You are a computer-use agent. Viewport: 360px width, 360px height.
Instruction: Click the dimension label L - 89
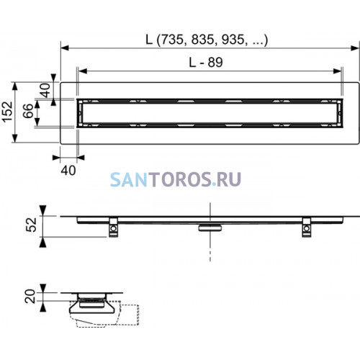tap(206, 63)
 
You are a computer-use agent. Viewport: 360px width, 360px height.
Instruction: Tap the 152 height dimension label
tap(7, 112)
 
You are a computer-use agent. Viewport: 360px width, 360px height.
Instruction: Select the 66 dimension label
tap(28, 111)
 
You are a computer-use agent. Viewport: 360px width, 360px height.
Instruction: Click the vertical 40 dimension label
tap(45, 90)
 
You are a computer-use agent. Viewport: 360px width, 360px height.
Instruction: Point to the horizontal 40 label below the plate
tap(68, 171)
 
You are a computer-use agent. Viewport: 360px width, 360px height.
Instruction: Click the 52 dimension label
tap(31, 225)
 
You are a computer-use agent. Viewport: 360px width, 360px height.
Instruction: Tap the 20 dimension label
tap(30, 296)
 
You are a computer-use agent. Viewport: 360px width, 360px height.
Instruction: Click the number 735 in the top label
tap(171, 40)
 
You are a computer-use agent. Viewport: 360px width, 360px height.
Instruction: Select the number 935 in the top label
tap(233, 40)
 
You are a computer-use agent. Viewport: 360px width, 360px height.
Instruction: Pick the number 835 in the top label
tap(202, 40)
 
